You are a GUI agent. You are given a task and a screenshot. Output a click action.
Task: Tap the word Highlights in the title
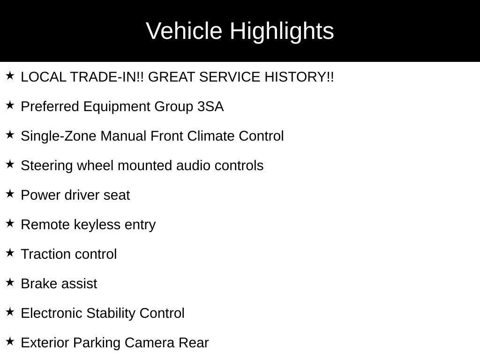click(282, 31)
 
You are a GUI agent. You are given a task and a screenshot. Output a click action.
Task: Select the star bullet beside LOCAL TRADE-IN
click(10, 75)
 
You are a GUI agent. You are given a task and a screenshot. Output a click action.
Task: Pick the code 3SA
click(210, 106)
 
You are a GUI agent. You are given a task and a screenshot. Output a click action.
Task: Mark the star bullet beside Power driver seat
click(10, 194)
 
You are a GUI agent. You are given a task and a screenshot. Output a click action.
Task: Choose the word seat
click(117, 195)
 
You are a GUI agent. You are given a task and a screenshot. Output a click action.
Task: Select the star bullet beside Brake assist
click(10, 282)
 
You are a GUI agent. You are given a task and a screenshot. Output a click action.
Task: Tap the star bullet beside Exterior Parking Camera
click(10, 341)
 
